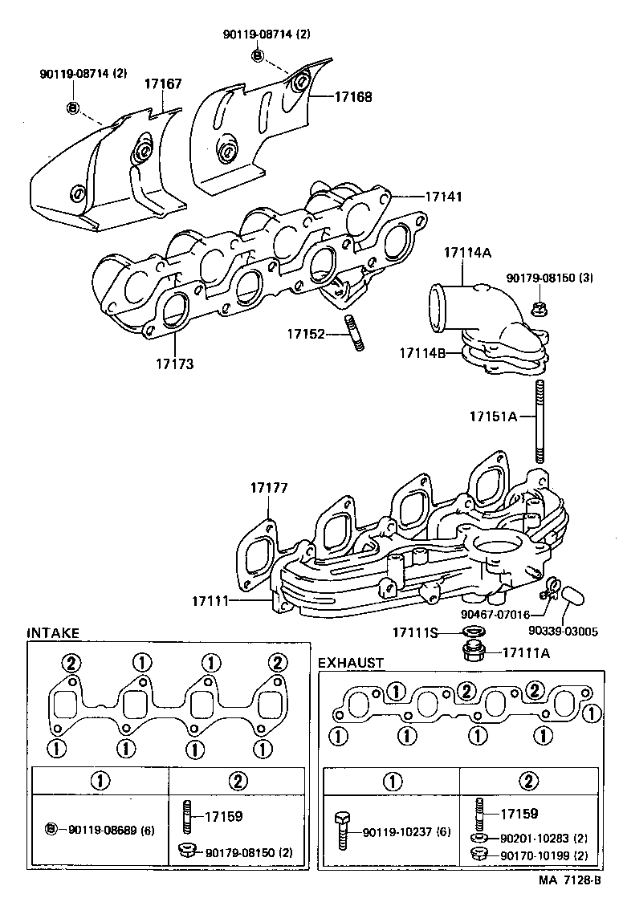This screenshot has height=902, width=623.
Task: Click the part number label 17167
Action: point(163,83)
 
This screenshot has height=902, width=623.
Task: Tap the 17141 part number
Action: point(444,196)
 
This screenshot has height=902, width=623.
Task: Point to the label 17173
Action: point(175,364)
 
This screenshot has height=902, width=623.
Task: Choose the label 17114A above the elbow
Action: point(466,251)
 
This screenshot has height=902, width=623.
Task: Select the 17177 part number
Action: point(268,488)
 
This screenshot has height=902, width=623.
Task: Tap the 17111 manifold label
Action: point(210,600)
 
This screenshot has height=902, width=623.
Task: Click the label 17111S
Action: point(415,633)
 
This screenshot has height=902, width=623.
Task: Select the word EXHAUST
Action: point(351,663)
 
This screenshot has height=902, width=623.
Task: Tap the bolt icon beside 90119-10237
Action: point(340,831)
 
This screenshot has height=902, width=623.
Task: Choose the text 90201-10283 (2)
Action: point(544,838)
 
